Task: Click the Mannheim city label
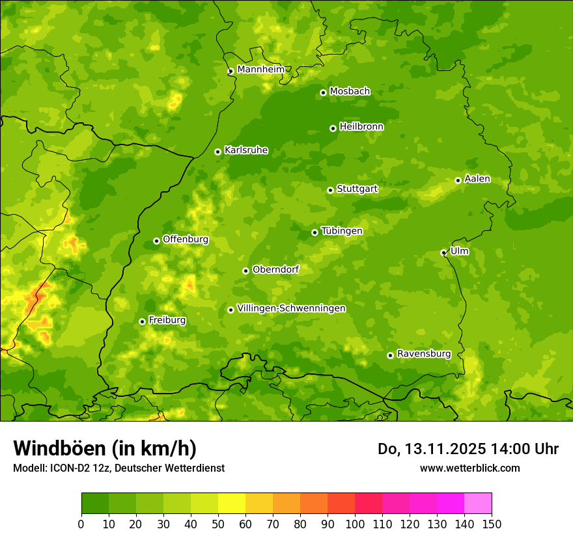[260, 70]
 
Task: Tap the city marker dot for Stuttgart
[330, 190]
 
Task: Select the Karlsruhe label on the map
[245, 150]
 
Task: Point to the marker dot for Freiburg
[142, 321]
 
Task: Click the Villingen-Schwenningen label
[291, 308]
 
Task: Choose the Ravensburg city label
[423, 354]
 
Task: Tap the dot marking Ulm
[443, 252]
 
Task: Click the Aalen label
[477, 179]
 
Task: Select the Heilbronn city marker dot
[333, 128]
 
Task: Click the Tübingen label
[341, 231]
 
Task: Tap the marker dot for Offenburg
[156, 241]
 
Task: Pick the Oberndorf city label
[275, 269]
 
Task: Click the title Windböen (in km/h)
[105, 448]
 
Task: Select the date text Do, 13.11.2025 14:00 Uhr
[468, 449]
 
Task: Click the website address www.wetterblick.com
[469, 468]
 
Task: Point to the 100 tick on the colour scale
[355, 524]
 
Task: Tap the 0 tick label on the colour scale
[81, 524]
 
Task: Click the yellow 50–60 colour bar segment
[232, 504]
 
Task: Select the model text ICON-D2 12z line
[119, 468]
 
